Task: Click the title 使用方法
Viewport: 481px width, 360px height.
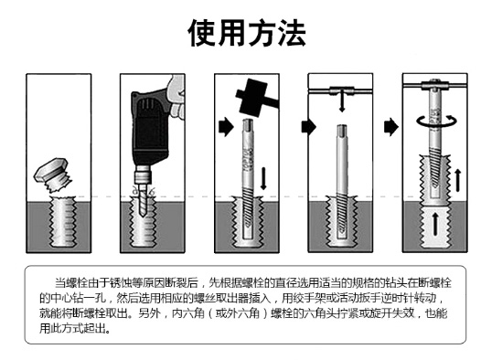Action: (246, 33)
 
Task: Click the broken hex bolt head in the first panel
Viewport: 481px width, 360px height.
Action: (49, 169)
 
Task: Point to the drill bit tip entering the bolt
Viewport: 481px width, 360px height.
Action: (143, 215)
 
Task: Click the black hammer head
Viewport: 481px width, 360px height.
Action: (251, 98)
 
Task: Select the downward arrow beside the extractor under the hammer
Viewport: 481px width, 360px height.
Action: (263, 178)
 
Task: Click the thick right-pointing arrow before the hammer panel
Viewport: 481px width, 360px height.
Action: (227, 126)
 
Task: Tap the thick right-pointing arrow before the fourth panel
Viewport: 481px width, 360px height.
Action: (308, 126)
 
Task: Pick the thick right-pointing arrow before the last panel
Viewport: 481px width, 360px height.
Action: (390, 126)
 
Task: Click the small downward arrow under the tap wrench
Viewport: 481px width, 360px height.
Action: (342, 103)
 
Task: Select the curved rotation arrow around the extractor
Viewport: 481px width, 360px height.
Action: (436, 122)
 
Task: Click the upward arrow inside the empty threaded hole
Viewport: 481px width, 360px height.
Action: (435, 224)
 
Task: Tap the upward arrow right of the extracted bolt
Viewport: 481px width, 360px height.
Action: (458, 180)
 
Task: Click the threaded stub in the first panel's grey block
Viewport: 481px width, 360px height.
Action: (63, 222)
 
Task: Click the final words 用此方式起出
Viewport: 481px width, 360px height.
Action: (72, 328)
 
